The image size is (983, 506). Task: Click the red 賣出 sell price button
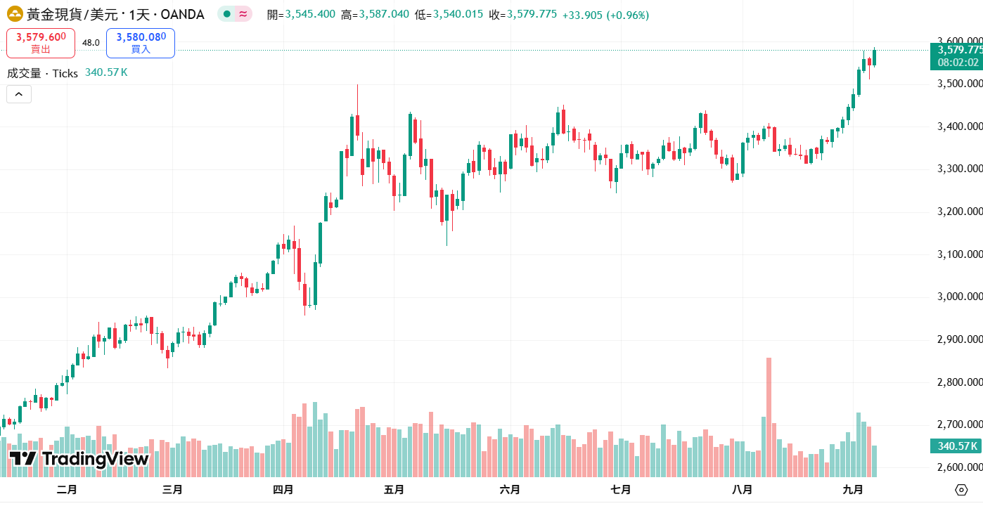[x=41, y=43]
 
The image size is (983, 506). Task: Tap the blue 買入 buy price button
[x=141, y=43]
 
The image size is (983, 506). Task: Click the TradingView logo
[x=79, y=459]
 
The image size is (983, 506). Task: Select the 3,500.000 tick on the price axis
[x=959, y=84]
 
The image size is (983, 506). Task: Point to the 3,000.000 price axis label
[x=959, y=297]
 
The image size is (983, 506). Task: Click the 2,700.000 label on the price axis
[x=959, y=424]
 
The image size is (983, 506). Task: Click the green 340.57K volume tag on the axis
[x=956, y=446]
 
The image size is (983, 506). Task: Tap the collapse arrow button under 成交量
[x=19, y=94]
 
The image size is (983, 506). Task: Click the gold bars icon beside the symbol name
[x=14, y=14]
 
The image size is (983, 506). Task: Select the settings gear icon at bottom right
[x=961, y=490]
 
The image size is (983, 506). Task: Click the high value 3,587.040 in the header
[x=384, y=15]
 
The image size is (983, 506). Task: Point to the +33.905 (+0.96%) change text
[x=605, y=15]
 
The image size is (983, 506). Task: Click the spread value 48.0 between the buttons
[x=91, y=43]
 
